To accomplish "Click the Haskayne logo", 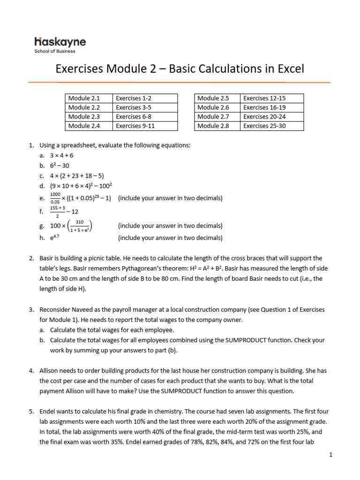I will coord(60,42).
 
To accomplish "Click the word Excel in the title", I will coord(287,69).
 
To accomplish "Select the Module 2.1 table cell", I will coord(89,98).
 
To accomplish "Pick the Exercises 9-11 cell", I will coord(145,126).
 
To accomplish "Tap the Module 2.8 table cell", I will coord(217,126).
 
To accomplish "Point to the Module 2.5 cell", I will coord(217,98).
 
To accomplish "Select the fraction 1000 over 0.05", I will coord(55,198).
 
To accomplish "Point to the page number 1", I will coord(330,455).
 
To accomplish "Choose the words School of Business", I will coord(55,51).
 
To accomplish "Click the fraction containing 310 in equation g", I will coord(79,225).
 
